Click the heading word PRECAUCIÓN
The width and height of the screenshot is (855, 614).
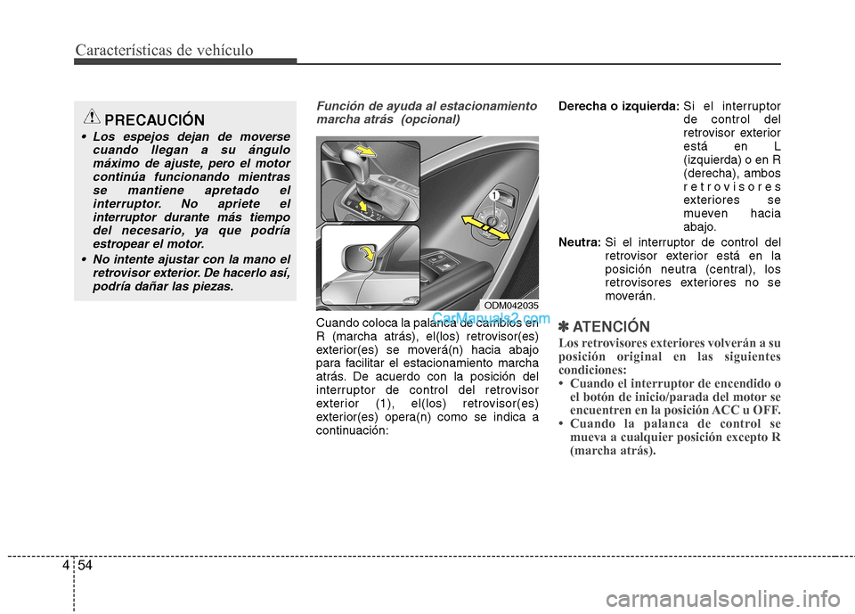[x=153, y=120]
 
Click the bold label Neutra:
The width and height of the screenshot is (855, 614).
[x=579, y=242]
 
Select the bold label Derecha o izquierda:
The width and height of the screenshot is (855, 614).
[x=616, y=106]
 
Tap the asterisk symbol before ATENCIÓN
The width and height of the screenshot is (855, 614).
[x=564, y=326]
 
